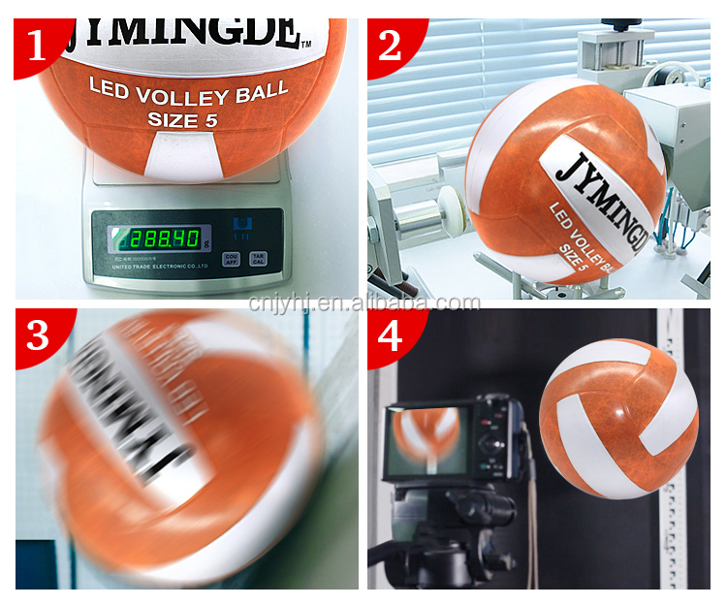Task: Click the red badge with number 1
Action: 37,43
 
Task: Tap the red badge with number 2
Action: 390,43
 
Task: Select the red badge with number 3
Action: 38,335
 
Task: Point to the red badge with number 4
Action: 391,335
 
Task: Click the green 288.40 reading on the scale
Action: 159,237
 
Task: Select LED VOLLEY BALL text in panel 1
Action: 188,92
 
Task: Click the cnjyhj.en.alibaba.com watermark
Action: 363,303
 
